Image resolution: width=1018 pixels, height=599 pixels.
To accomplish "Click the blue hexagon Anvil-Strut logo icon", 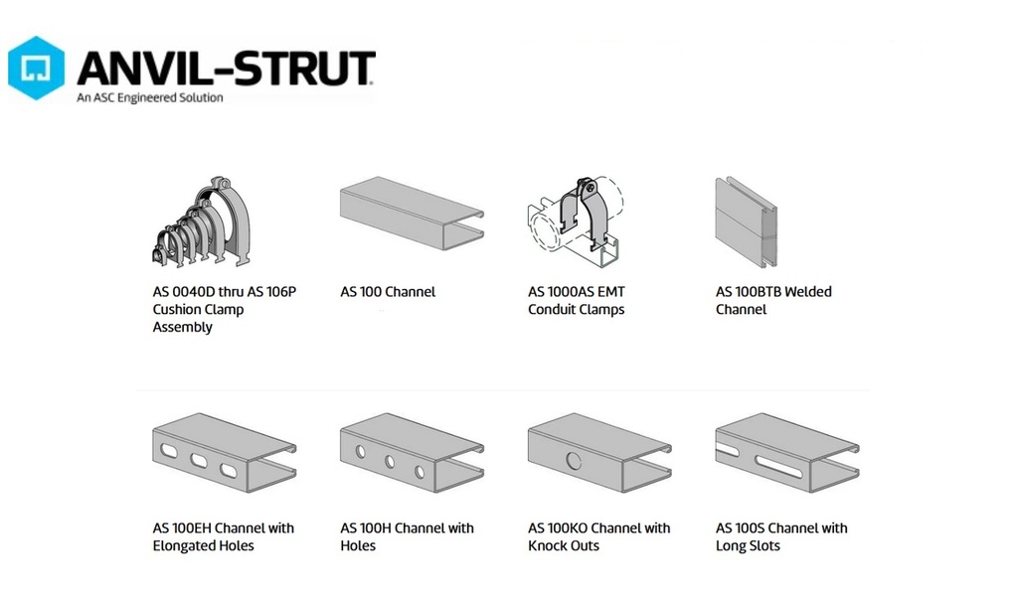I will pos(37,69).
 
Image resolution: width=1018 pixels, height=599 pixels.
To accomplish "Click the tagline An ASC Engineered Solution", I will pos(150,97).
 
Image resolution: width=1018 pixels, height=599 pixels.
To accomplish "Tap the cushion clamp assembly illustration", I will pos(206,224).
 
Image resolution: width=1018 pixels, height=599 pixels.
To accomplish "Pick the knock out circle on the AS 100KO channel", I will pos(574,460).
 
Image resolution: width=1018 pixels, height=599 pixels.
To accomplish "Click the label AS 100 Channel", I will pos(388,292).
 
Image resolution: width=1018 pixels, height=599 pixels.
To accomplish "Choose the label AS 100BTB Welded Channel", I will pos(772,301).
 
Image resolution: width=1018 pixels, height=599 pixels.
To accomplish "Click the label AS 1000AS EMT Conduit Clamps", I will pos(577,301).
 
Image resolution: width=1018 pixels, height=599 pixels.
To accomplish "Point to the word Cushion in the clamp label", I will pos(177,310).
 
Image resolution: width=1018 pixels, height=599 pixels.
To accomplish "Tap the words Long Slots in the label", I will pos(748,546).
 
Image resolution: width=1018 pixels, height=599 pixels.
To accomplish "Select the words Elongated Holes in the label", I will pos(203,546).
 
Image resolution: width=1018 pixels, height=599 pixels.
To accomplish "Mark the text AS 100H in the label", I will pos(367,528).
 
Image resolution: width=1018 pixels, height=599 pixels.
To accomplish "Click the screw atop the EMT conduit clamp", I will pos(589,186).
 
